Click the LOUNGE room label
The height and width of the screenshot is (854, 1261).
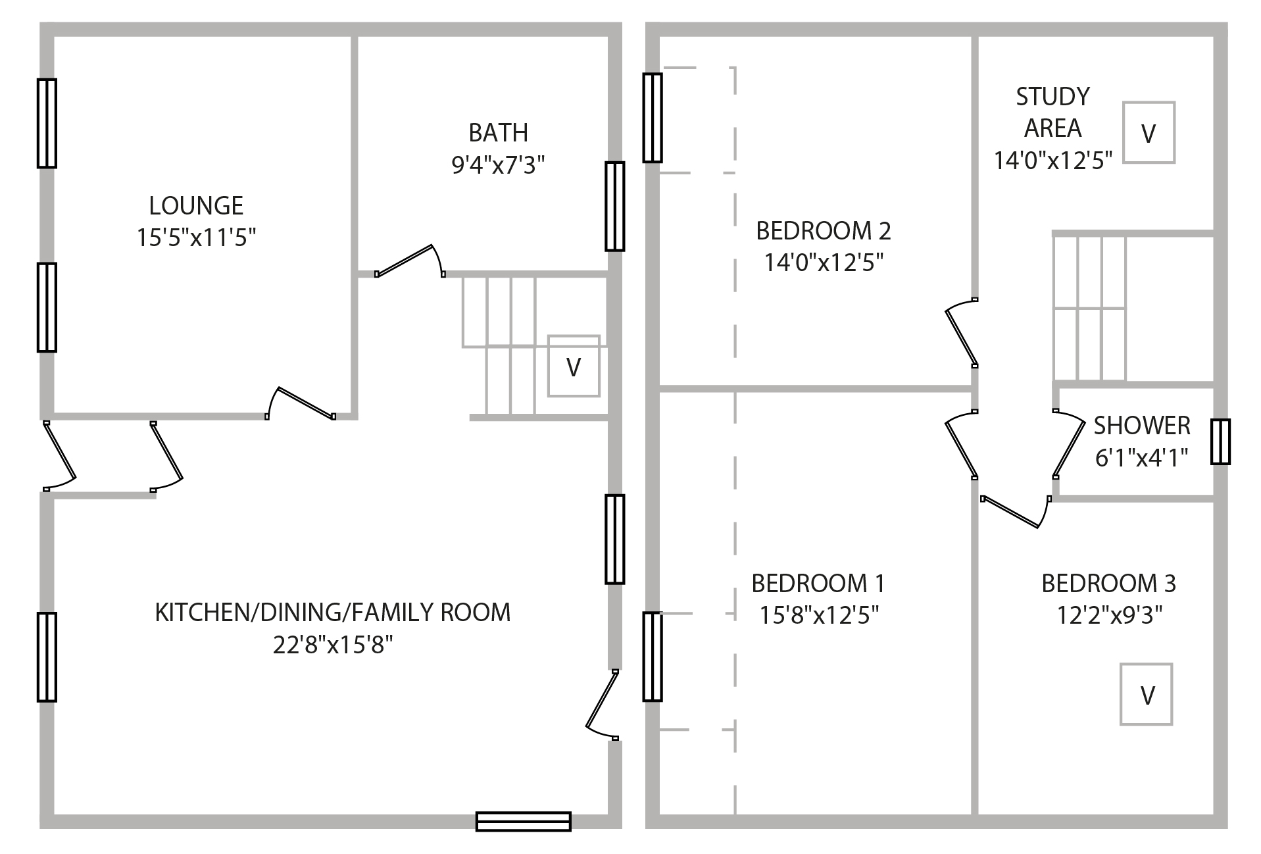(196, 206)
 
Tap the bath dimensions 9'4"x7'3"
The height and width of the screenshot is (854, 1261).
(498, 164)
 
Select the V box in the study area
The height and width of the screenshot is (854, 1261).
(1149, 133)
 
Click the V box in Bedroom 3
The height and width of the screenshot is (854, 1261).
(1147, 694)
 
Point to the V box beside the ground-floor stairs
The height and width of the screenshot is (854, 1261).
(574, 366)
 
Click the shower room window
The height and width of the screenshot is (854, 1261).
(1220, 441)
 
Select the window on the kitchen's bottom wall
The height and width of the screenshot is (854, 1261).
(523, 821)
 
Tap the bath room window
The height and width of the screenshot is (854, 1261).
(614, 207)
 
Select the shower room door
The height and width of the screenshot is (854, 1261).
(1068, 444)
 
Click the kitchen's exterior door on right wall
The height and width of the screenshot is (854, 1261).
(602, 704)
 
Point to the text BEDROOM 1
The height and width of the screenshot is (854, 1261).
(818, 584)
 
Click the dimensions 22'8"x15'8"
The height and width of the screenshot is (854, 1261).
(333, 645)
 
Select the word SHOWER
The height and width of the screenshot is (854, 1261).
(1141, 426)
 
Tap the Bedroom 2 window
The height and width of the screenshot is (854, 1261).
(652, 118)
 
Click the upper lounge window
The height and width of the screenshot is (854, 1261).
(47, 123)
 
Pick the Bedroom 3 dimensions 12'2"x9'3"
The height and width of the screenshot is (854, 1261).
(1109, 615)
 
